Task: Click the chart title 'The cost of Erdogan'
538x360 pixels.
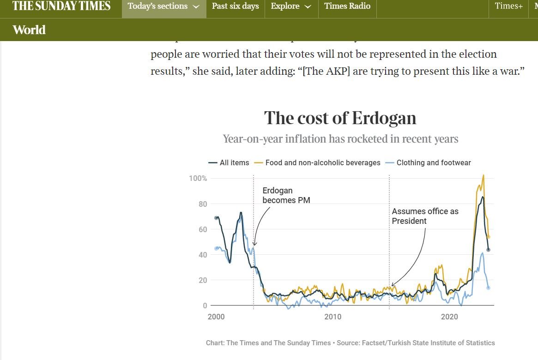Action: click(340, 118)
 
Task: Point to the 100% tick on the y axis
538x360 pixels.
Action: click(198, 179)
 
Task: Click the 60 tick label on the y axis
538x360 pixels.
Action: click(203, 229)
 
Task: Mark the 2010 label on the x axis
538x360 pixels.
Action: click(332, 317)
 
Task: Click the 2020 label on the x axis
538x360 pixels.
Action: click(449, 317)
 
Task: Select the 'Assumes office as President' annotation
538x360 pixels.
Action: click(425, 216)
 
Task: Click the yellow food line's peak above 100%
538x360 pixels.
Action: click(483, 175)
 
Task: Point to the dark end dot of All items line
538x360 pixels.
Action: click(488, 250)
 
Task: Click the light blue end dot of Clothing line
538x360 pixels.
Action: click(488, 288)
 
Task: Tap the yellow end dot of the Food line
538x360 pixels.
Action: click(489, 237)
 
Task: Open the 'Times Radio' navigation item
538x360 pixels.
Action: click(347, 6)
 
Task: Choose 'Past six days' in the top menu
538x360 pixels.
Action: click(235, 6)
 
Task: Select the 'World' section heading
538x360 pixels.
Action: click(29, 30)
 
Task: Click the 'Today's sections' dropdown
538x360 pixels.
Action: click(163, 6)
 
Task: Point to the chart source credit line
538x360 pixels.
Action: click(350, 343)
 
